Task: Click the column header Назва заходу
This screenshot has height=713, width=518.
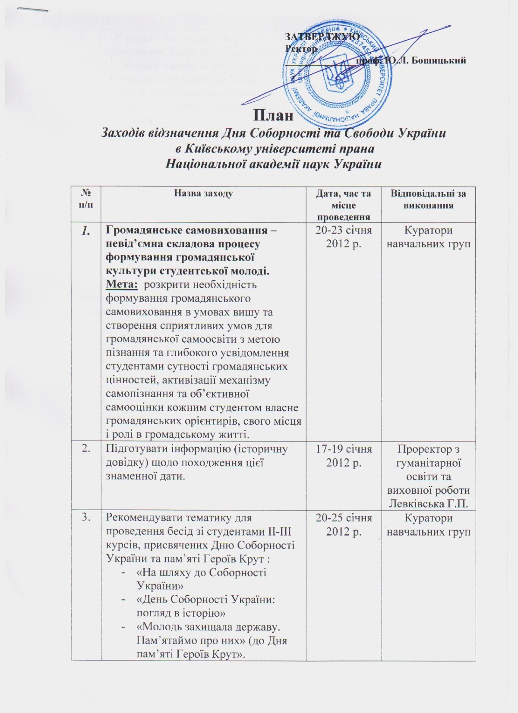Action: pyautogui.click(x=203, y=194)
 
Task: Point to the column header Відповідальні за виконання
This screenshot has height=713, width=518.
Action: pyautogui.click(x=428, y=199)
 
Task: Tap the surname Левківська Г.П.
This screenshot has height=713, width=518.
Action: pyautogui.click(x=428, y=503)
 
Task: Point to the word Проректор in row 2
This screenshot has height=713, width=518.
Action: pyautogui.click(x=428, y=449)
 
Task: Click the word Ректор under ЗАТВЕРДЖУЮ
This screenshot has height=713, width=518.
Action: pyautogui.click(x=301, y=48)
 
